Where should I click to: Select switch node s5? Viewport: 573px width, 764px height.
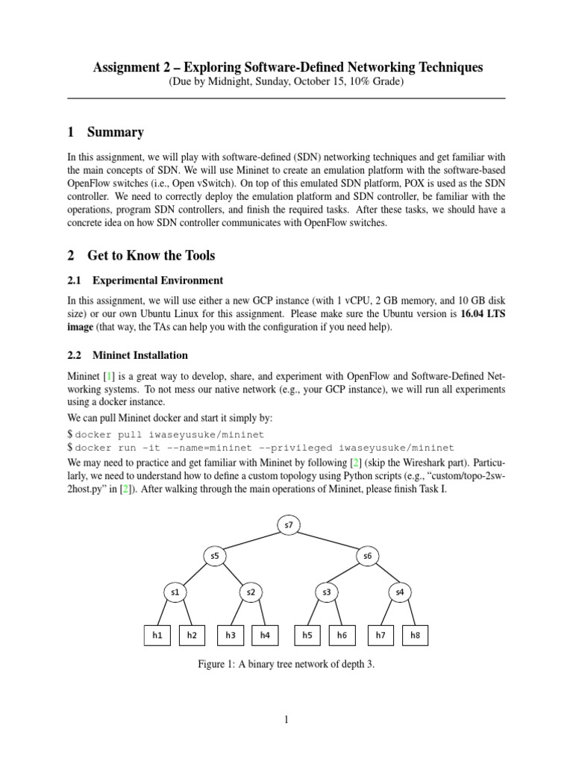[x=214, y=556]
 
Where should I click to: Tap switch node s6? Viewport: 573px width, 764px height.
[x=366, y=556]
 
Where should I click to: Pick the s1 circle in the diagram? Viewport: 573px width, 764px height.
[x=176, y=592]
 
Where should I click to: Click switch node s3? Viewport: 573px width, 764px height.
[x=327, y=592]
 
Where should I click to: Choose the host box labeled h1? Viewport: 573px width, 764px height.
[x=157, y=635]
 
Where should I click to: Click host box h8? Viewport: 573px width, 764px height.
[x=416, y=635]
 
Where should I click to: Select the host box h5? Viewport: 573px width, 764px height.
[x=307, y=635]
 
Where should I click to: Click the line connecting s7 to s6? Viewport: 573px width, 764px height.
[x=328, y=540]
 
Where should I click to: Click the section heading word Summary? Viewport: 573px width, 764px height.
[x=115, y=133]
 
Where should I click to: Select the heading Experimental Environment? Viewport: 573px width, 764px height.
[x=157, y=281]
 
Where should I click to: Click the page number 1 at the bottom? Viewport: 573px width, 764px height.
[x=286, y=719]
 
